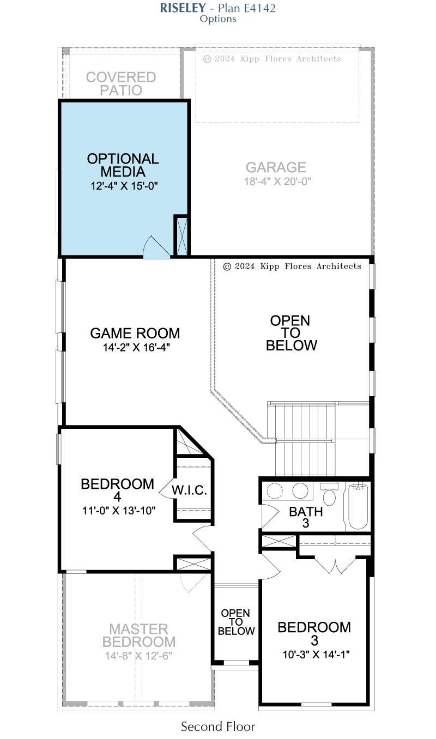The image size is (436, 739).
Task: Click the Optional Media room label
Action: [x=123, y=165]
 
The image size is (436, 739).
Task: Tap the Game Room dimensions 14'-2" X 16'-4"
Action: [x=136, y=347]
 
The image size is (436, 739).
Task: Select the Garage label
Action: [x=276, y=167]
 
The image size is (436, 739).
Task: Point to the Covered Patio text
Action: [x=121, y=84]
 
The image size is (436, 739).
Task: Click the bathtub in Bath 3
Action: [x=358, y=506]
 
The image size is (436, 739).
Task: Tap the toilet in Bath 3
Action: [x=329, y=494]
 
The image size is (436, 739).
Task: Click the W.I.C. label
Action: [x=189, y=490]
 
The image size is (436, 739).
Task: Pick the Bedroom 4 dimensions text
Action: [x=119, y=511]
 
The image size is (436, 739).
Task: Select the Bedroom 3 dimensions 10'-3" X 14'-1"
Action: [x=316, y=655]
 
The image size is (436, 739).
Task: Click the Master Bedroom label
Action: [x=139, y=635]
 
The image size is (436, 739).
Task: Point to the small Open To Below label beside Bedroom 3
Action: [x=236, y=622]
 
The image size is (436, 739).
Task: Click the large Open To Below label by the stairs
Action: [x=291, y=333]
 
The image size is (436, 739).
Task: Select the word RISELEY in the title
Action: [x=183, y=8]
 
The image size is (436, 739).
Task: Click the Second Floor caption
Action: [x=217, y=726]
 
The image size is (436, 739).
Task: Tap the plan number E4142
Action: [x=260, y=8]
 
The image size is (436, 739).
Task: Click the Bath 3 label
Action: [x=306, y=517]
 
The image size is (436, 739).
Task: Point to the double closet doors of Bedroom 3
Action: [x=335, y=566]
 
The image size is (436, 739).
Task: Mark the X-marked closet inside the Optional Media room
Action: [x=181, y=235]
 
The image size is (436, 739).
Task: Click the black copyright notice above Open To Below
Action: [x=292, y=266]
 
